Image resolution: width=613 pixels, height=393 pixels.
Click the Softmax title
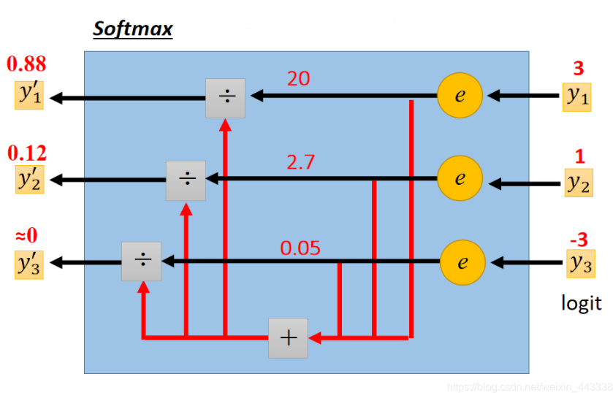[x=132, y=30]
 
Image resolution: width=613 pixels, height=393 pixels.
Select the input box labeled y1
[x=577, y=96]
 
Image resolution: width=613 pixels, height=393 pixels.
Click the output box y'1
[x=29, y=96]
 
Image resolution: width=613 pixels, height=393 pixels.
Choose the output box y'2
[x=29, y=180]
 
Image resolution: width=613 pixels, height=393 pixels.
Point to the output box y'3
[x=29, y=264]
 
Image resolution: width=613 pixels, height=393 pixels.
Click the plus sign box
[x=288, y=338]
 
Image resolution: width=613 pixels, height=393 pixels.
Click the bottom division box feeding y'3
[x=141, y=261]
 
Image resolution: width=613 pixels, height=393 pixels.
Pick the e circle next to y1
[x=460, y=96]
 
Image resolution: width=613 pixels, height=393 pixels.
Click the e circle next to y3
[x=462, y=262]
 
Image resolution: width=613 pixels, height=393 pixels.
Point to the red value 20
[x=298, y=78]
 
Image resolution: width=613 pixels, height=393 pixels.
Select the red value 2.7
[x=300, y=162]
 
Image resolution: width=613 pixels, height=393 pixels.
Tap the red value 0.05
[x=300, y=248]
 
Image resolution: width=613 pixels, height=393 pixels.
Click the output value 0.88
[x=26, y=64]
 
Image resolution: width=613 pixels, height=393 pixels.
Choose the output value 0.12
[x=26, y=153]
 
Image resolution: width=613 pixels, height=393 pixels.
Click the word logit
[x=582, y=302]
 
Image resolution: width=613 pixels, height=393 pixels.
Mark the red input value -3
[x=578, y=239]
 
